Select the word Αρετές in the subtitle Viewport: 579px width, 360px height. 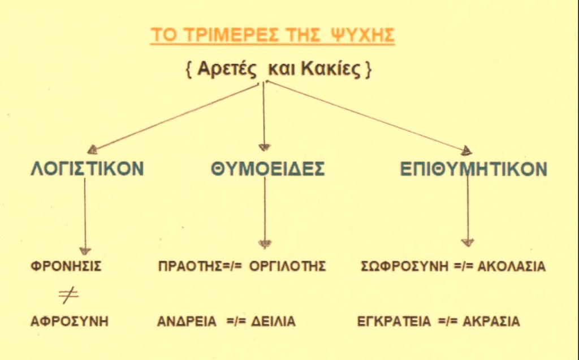(226, 69)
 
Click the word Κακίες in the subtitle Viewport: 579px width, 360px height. (330, 69)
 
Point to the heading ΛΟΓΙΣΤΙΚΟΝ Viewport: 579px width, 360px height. (87, 169)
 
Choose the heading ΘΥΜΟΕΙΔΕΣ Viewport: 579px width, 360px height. (267, 169)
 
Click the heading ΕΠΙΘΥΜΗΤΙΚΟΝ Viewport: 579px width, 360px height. (474, 169)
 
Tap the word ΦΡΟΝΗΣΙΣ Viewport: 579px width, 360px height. (66, 266)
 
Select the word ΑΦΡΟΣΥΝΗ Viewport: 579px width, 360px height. (70, 321)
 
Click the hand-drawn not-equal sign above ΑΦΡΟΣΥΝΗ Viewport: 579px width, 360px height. (68, 296)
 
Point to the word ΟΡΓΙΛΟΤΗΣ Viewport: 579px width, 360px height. (287, 266)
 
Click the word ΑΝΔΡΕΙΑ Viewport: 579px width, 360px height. (187, 321)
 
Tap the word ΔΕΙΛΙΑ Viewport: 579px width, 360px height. (273, 321)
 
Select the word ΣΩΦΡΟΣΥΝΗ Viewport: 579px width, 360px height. (404, 266)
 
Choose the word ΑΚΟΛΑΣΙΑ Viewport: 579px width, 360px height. (511, 266)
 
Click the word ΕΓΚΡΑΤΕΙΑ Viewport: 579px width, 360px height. (394, 321)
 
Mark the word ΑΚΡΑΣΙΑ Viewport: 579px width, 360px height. (491, 321)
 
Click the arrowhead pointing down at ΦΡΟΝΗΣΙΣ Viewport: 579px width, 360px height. (85, 251)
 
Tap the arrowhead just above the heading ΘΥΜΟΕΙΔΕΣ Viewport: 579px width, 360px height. (265, 148)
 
